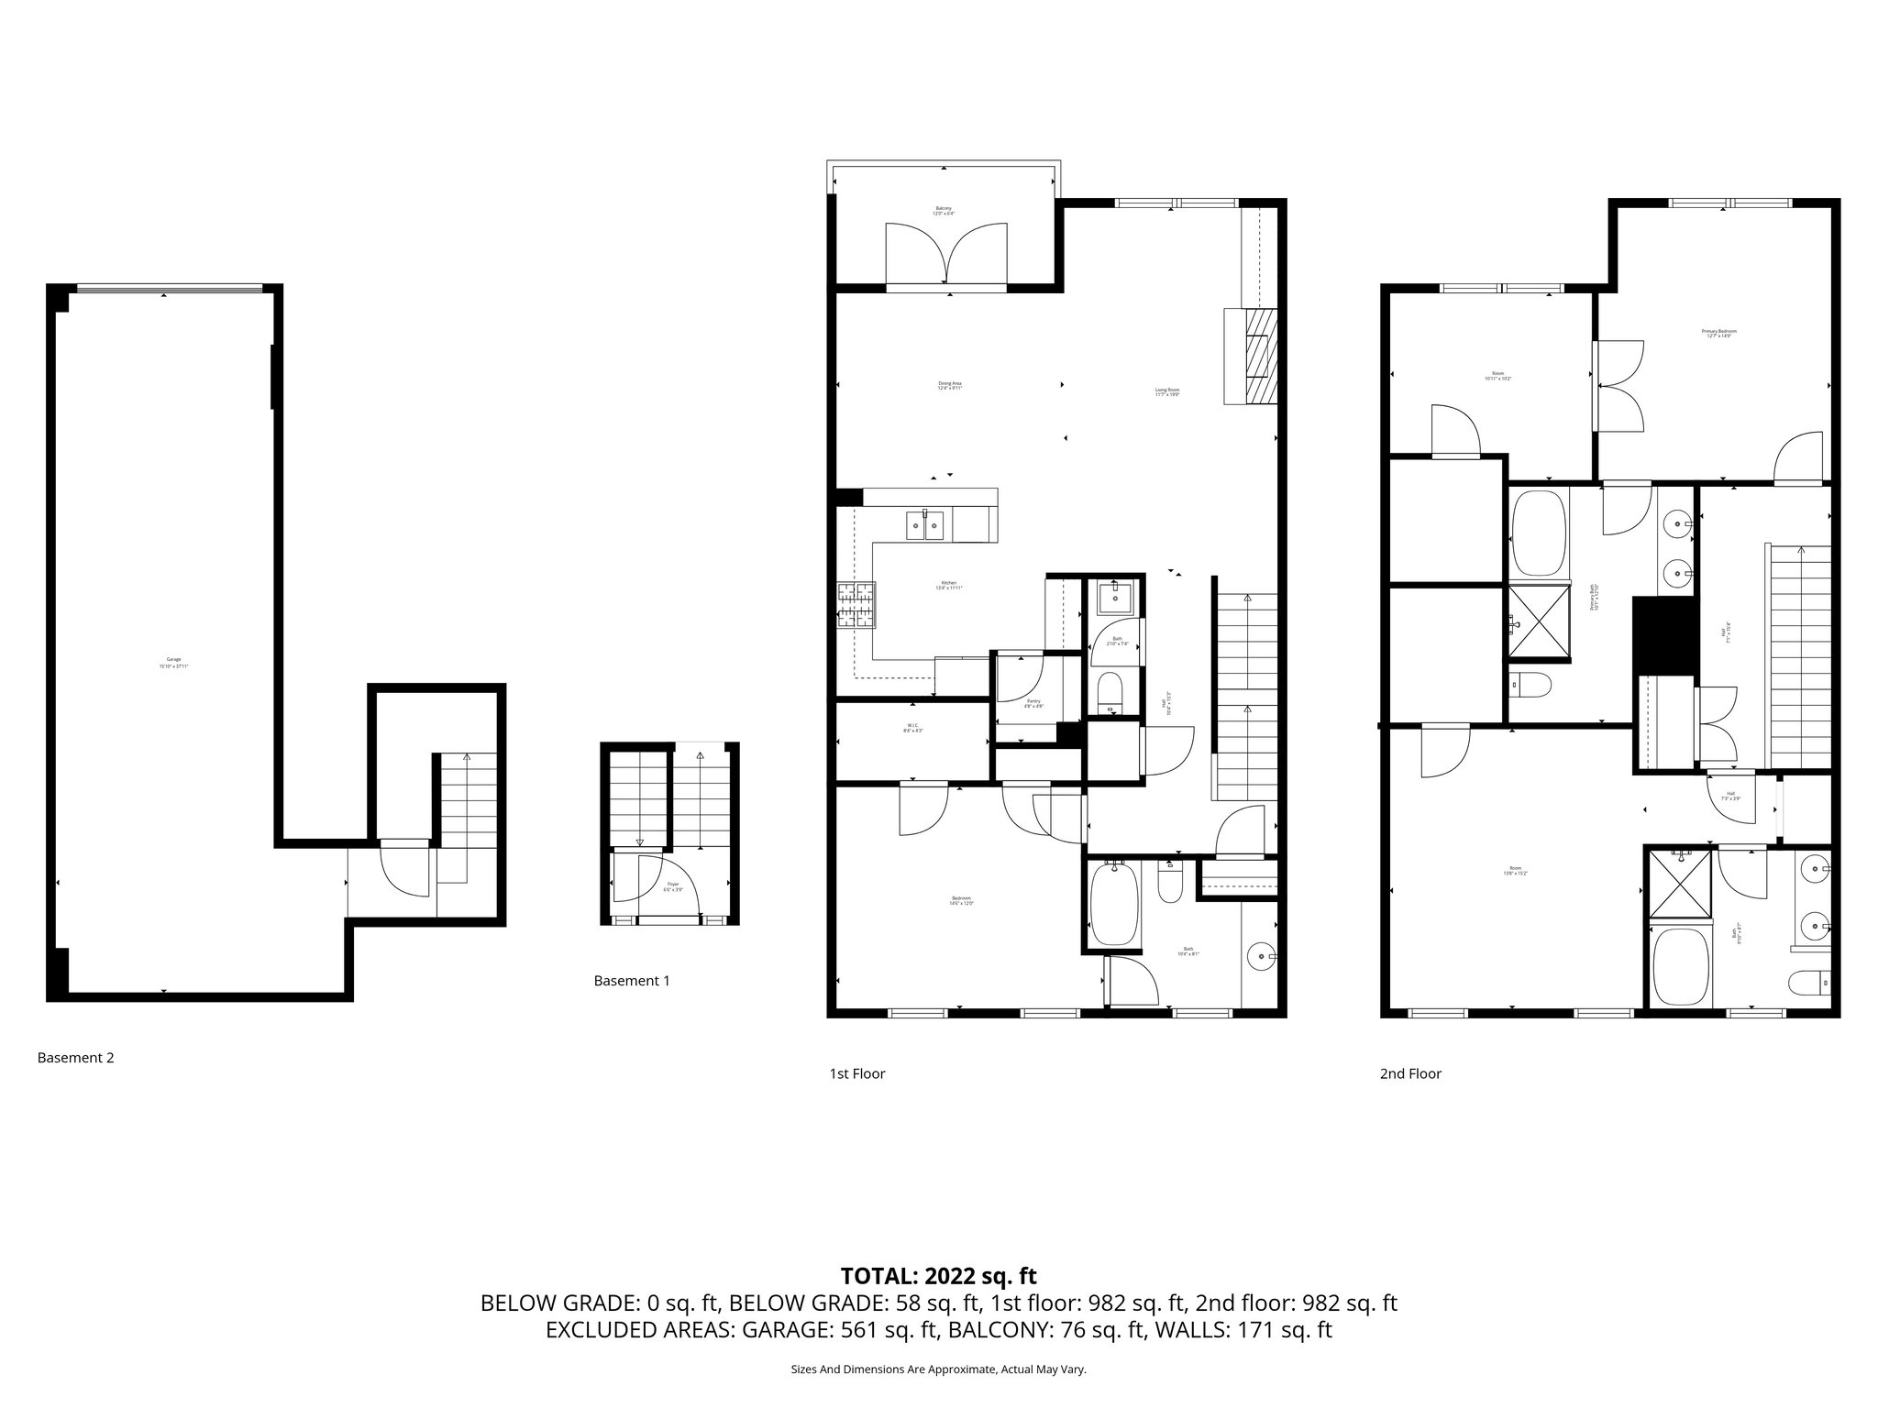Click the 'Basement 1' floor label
coord(632,981)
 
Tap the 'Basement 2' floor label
coord(75,1058)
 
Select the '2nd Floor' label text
coord(1410,1073)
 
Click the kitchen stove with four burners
coord(856,606)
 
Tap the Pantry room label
coord(1033,703)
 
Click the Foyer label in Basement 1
coord(673,887)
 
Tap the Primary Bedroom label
coord(1720,333)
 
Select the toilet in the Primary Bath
coord(1530,684)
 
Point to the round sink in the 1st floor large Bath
coord(1262,957)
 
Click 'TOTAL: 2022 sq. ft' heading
coord(938,1276)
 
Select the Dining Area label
coord(949,385)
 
